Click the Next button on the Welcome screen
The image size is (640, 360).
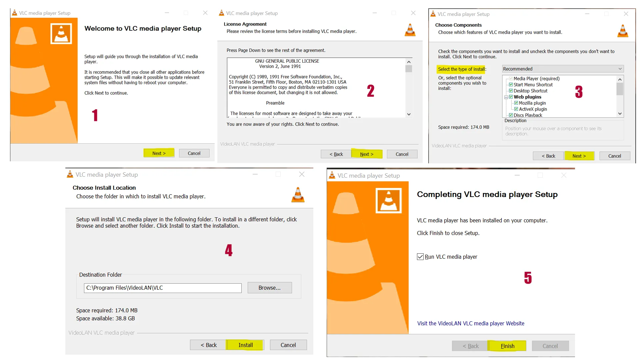(x=159, y=153)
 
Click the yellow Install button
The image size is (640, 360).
(x=245, y=345)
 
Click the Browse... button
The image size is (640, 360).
(x=269, y=288)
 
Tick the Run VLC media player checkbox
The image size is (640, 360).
(x=420, y=257)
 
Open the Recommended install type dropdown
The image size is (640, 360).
(x=562, y=69)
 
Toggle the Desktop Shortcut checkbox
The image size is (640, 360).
(x=511, y=91)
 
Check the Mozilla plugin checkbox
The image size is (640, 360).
(x=516, y=103)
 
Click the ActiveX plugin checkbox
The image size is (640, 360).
(x=516, y=109)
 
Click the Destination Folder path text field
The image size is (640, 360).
(x=163, y=288)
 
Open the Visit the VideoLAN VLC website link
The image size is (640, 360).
(x=470, y=323)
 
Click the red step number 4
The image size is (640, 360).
(x=229, y=250)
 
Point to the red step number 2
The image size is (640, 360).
(x=371, y=91)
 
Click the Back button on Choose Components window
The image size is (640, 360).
(x=548, y=156)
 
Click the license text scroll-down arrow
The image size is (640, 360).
(x=409, y=114)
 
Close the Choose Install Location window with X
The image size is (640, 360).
(x=302, y=174)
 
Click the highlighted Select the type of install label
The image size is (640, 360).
(x=461, y=69)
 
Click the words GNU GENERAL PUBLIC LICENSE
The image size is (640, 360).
(x=287, y=61)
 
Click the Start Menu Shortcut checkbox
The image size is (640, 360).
(x=511, y=85)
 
